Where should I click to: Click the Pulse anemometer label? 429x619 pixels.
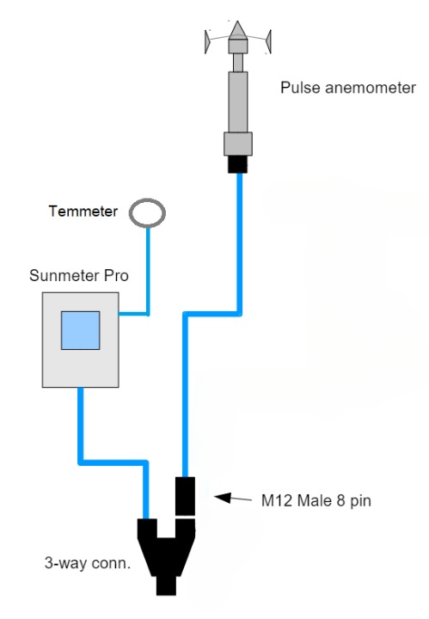tap(347, 88)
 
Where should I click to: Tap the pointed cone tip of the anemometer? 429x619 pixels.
tap(237, 21)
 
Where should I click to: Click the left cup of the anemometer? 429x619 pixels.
tap(207, 41)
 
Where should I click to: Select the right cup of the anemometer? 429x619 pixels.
tap(268, 41)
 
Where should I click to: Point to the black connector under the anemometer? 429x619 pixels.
tap(237, 164)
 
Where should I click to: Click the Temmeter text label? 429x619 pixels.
tap(83, 211)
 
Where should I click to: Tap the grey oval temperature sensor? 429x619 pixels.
tap(147, 213)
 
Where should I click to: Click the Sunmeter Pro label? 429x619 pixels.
tap(79, 275)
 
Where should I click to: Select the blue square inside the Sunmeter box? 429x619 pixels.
tap(81, 330)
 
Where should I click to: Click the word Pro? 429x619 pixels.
tap(116, 275)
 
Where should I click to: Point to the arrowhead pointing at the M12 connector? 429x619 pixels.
tap(222, 498)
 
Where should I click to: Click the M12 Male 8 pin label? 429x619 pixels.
tap(316, 500)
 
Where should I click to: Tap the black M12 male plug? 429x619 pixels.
tap(185, 496)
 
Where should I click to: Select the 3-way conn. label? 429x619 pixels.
tap(87, 562)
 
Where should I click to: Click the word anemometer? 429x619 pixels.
tap(371, 88)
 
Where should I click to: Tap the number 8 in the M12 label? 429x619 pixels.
tap(340, 500)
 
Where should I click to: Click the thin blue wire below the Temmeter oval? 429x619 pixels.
tap(148, 272)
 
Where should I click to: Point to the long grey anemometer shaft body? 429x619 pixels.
tap(238, 101)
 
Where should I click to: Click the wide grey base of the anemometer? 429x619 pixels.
tap(238, 144)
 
